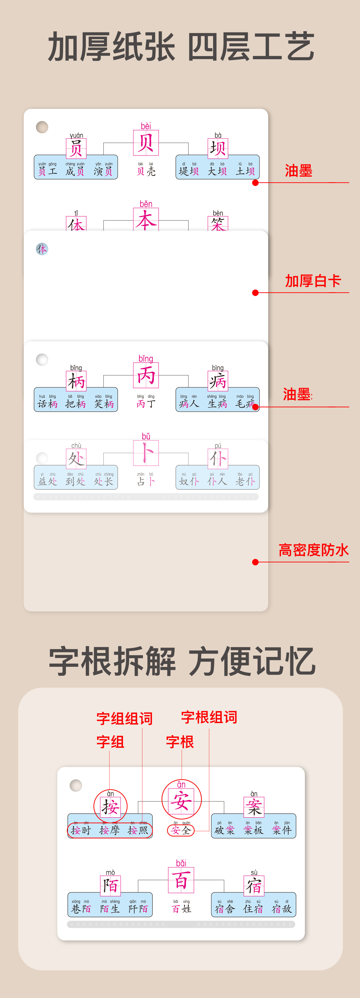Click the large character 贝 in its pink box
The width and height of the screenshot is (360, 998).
click(x=146, y=143)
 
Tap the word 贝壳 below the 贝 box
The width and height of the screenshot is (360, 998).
click(x=146, y=171)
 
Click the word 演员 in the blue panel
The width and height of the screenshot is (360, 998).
click(x=103, y=171)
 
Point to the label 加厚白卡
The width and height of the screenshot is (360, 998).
click(x=313, y=281)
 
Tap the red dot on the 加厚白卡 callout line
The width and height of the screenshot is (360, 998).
click(x=255, y=292)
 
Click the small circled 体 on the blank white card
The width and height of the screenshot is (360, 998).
click(x=42, y=249)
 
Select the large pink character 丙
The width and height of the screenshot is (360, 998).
click(x=146, y=375)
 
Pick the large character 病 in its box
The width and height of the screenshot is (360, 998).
click(x=218, y=381)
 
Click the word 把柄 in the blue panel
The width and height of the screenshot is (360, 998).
click(x=75, y=404)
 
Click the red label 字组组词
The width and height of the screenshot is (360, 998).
click(x=124, y=718)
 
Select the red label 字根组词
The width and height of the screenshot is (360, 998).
click(x=209, y=717)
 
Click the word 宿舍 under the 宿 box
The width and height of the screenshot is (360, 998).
click(x=225, y=909)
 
